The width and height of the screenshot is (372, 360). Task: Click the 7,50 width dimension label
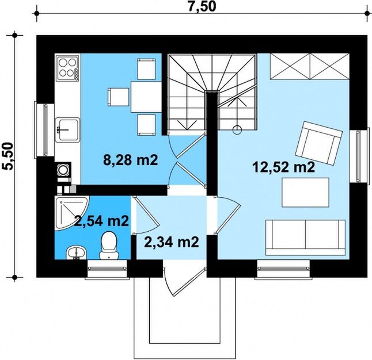[202, 6]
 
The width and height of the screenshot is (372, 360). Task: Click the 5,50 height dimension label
[7, 156]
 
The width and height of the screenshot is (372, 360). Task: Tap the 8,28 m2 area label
[131, 160]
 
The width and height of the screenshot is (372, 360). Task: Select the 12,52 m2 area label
[284, 167]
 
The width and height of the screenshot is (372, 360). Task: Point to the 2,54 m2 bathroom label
[101, 221]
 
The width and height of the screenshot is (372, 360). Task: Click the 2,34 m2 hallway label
[171, 242]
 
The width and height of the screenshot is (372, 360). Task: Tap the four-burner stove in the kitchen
[67, 67]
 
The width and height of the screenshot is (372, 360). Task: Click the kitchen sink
[67, 130]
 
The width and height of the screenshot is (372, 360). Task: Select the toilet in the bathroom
[109, 246]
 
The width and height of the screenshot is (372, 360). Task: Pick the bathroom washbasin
[77, 252]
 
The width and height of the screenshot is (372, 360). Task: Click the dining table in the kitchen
[146, 97]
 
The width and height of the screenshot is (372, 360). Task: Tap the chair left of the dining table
[118, 97]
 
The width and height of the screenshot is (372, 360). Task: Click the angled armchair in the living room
[318, 143]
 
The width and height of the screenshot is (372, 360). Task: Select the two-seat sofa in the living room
[305, 238]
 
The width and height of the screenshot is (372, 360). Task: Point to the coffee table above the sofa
[305, 192]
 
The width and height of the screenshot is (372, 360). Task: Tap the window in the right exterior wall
[359, 156]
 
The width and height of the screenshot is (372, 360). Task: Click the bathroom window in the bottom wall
[108, 269]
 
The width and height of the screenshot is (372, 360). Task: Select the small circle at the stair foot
[237, 129]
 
